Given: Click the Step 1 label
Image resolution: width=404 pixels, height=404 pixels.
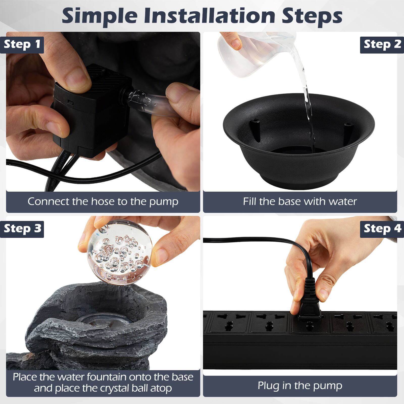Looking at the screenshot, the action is pyautogui.click(x=22, y=44).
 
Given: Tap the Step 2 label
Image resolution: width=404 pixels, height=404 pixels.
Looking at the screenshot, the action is pyautogui.click(x=382, y=44).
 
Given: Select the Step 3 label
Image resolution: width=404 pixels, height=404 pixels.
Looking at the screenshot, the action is pyautogui.click(x=22, y=229).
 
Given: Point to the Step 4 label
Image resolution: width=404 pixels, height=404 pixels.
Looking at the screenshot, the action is pyautogui.click(x=382, y=229).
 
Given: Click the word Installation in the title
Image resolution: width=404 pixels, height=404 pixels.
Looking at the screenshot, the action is pyautogui.click(x=210, y=16).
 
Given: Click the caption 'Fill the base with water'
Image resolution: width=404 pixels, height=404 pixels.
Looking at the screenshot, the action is pyautogui.click(x=300, y=201).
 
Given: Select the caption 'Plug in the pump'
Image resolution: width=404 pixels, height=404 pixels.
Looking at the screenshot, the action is pyautogui.click(x=300, y=386).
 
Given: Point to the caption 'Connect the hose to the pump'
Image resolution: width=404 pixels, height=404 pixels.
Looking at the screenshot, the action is pyautogui.click(x=103, y=201).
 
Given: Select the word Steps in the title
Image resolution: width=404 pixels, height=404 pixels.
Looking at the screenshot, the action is pyautogui.click(x=312, y=16).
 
